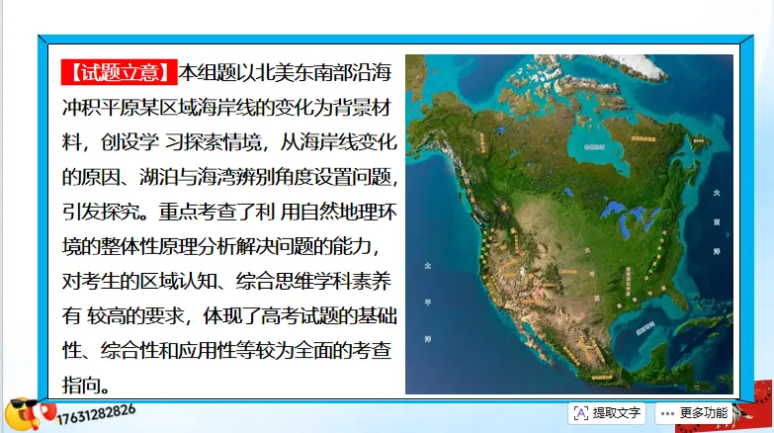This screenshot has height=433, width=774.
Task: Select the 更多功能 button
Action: [x=692, y=412]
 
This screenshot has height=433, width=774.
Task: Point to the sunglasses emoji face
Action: [x=22, y=413]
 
